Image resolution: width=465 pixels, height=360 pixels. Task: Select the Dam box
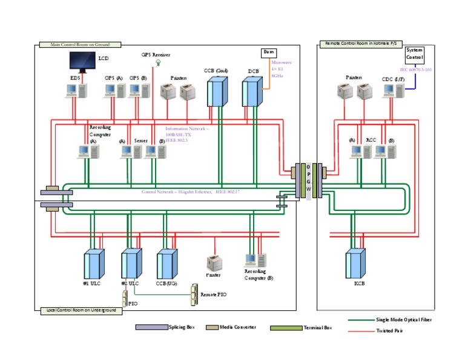point(268,53)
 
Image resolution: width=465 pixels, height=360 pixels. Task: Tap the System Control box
point(415,54)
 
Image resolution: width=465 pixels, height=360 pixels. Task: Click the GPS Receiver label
point(156,55)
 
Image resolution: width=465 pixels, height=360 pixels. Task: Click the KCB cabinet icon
point(355,265)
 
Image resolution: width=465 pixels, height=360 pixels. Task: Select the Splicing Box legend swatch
point(151,327)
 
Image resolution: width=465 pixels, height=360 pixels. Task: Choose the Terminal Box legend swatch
point(286,328)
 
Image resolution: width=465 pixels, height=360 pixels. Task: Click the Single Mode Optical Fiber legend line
point(361,319)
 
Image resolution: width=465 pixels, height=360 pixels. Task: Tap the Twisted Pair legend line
point(361,331)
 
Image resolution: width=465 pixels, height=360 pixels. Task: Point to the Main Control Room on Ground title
point(79,44)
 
